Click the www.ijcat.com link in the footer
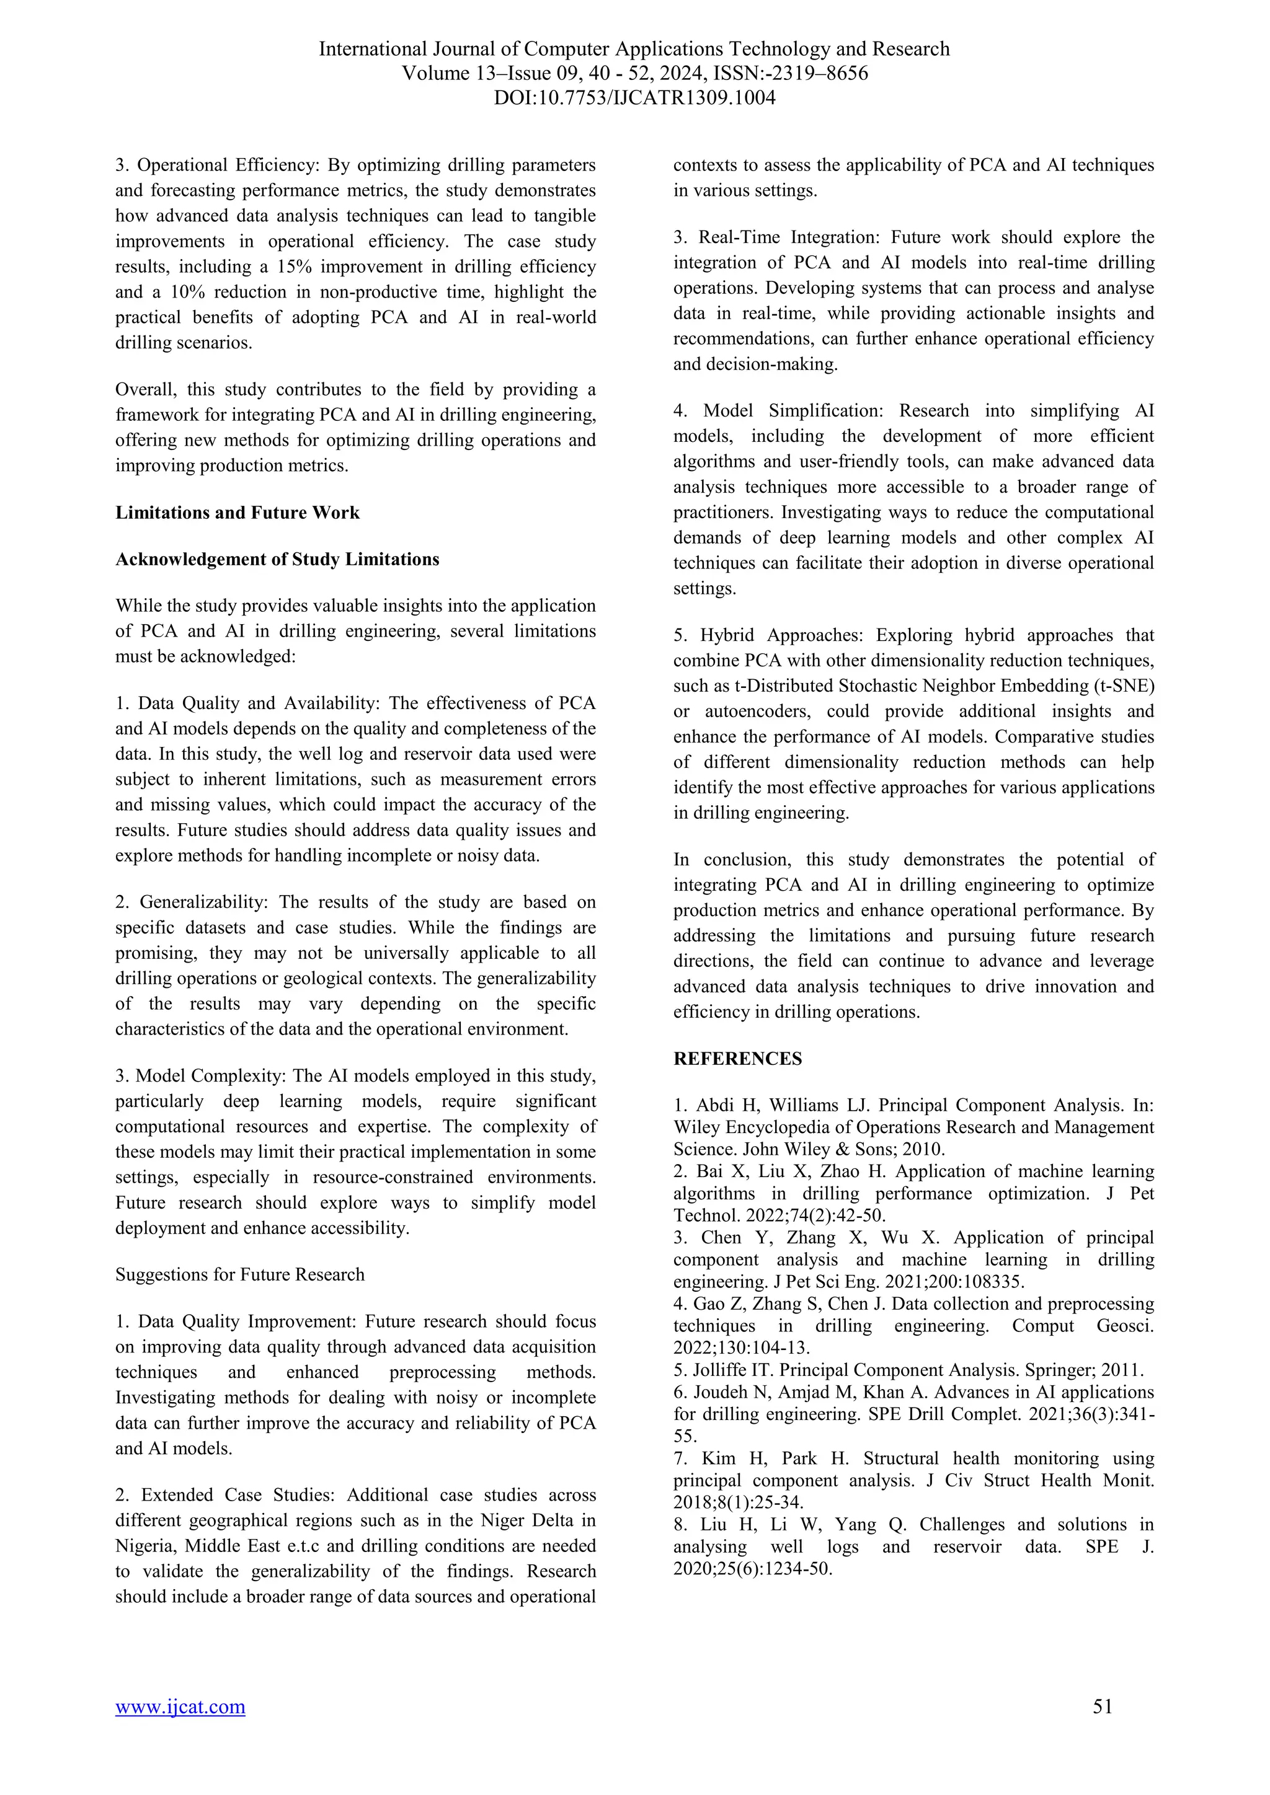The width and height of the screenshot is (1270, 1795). (x=180, y=1729)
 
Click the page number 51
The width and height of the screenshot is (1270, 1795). (x=1102, y=1728)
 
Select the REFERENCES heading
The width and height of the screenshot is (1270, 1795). (x=737, y=1059)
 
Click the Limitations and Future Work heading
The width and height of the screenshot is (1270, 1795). (x=237, y=513)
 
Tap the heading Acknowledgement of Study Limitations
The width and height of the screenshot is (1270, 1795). (x=277, y=560)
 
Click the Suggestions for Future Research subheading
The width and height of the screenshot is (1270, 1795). (x=239, y=1274)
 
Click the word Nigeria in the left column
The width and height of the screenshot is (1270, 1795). (x=146, y=1546)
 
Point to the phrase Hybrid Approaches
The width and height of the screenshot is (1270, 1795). (x=783, y=635)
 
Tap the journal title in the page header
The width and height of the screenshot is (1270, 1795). (x=634, y=49)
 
